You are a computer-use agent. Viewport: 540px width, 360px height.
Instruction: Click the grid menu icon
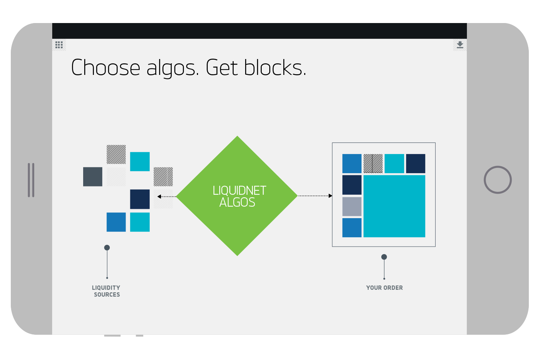[59, 45]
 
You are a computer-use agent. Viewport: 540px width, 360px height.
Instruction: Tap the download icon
[460, 45]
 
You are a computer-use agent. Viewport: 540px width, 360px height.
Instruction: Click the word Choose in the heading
[105, 68]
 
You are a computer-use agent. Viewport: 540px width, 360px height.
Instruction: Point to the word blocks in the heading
[275, 68]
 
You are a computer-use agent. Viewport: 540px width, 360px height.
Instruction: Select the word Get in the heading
[222, 68]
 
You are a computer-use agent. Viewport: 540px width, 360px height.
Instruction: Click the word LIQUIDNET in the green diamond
[239, 190]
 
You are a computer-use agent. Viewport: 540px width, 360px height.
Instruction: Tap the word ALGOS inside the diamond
[237, 202]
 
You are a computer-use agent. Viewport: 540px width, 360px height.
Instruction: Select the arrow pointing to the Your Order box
[330, 196]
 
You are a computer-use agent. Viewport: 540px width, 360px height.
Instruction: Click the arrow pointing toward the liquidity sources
[159, 197]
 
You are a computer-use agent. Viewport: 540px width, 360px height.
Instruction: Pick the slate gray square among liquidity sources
[93, 176]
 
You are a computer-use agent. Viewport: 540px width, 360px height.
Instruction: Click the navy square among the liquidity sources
[140, 199]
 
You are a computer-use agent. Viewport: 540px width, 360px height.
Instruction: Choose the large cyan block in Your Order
[394, 206]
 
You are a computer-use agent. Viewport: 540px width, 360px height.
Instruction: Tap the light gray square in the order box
[352, 207]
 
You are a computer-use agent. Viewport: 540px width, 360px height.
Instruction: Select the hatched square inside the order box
[373, 163]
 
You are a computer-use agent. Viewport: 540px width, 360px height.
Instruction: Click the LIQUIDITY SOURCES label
[106, 291]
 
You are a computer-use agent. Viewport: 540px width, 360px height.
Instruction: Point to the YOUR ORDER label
[384, 288]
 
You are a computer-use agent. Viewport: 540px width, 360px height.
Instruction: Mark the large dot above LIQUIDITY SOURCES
[107, 248]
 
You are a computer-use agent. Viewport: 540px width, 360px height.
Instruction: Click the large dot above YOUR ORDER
[384, 257]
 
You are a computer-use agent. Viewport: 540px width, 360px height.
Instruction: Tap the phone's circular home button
[498, 180]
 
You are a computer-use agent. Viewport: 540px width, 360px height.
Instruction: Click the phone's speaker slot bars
[31, 180]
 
